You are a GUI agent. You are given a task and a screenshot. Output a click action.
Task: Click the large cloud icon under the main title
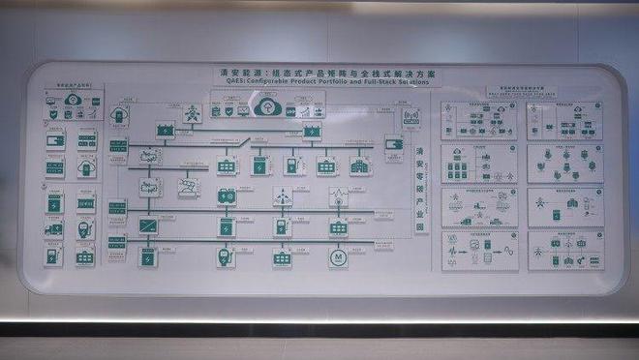(266, 107)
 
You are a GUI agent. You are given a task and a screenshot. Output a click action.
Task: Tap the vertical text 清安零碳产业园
(419, 189)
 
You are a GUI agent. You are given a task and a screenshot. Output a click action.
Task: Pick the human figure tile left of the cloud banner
(192, 113)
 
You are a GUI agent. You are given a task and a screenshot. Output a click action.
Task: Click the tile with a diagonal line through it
(148, 225)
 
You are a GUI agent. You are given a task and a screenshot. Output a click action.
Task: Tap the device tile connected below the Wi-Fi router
(394, 144)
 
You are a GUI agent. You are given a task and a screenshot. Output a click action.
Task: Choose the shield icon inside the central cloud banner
(229, 110)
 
